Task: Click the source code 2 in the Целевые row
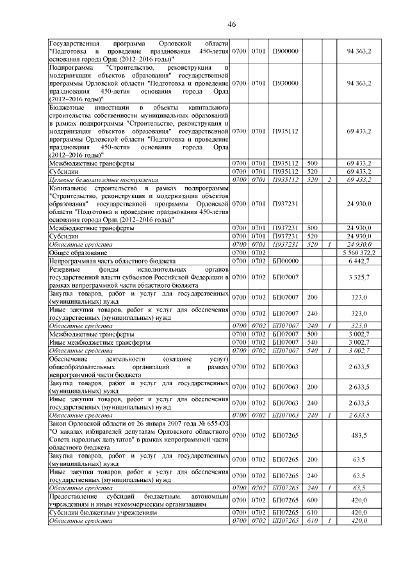[x=329, y=181]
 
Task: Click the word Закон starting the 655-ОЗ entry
[x=60, y=424]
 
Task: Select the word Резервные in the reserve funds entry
[x=67, y=270]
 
